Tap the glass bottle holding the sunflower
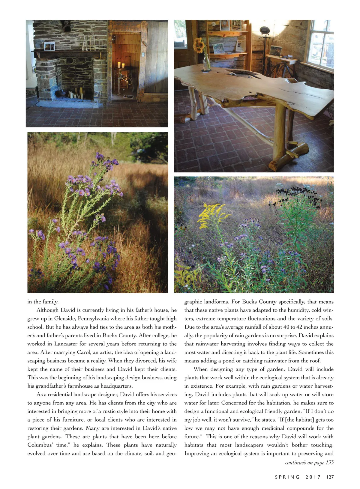tap(207, 62)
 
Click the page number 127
tap(330, 477)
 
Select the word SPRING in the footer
tap(287, 477)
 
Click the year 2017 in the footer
tap(313, 477)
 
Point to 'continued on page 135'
tap(309, 462)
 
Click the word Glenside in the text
tap(64, 318)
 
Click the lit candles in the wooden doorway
tap(121, 64)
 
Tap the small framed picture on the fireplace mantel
tap(49, 46)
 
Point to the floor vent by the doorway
tap(128, 97)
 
